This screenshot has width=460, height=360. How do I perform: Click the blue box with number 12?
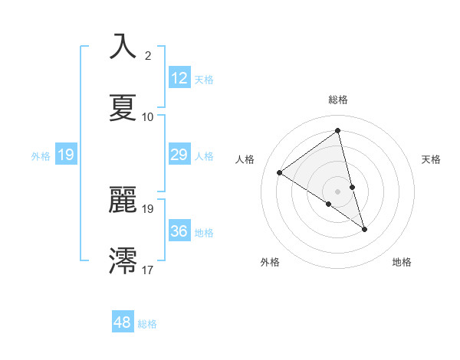(x=179, y=78)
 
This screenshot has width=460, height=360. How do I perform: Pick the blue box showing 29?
(x=179, y=155)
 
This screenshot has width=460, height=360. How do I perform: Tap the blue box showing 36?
(x=179, y=231)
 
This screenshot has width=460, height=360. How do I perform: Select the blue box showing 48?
(x=123, y=322)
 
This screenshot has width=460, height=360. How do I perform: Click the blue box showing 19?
(x=66, y=155)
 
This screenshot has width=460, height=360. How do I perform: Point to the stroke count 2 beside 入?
(x=148, y=56)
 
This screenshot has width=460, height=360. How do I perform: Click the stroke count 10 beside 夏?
(x=148, y=117)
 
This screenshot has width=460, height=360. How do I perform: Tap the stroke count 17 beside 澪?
(x=148, y=270)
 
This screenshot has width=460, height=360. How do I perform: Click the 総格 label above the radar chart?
(x=338, y=100)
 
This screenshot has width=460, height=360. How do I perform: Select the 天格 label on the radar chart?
(x=431, y=159)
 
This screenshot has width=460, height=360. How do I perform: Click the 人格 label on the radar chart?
(x=245, y=159)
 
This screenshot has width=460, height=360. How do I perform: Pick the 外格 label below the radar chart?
(x=270, y=262)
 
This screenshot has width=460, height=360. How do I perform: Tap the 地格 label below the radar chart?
(x=402, y=262)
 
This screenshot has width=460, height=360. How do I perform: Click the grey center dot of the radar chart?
(x=338, y=191)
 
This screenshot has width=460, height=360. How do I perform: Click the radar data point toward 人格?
(x=280, y=172)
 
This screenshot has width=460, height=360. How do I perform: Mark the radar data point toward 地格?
(x=364, y=229)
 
